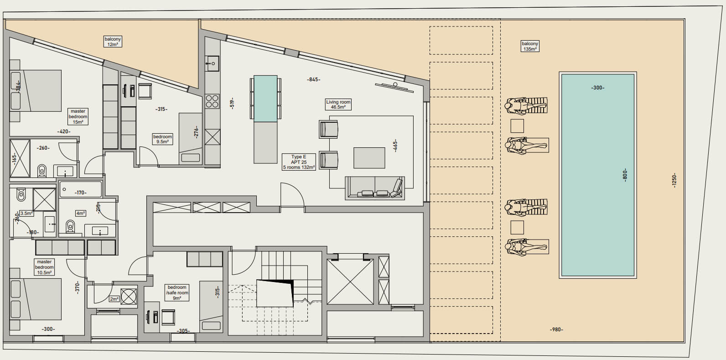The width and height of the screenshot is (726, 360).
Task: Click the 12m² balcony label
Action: pos(113,42)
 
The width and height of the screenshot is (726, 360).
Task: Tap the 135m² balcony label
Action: pos(530,46)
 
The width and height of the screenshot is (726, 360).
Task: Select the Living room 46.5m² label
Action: pos(338,104)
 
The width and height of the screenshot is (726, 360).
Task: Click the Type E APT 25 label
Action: pos(299,162)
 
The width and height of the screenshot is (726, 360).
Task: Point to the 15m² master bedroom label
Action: pos(78,116)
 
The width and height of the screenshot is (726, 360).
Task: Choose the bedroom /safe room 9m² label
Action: pos(177,292)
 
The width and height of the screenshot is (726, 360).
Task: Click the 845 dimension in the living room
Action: pos(313,79)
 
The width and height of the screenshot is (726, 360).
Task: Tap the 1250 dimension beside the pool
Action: pos(674,180)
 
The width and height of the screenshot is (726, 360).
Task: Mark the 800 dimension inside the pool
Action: pos(625,175)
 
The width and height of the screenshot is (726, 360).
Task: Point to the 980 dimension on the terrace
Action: pos(556,329)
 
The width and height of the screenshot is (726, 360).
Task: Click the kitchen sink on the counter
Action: pos(213,63)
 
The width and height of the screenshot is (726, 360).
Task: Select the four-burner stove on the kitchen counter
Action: pos(213,101)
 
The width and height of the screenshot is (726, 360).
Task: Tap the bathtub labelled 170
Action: pos(80,189)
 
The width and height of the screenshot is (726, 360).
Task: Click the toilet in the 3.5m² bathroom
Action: pos(21,194)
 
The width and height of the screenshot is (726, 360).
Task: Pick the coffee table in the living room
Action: pos(369,158)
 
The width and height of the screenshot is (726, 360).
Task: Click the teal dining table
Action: pos(265,99)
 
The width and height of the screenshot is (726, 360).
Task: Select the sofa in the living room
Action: pos(375,188)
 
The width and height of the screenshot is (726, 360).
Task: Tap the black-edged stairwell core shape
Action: pos(275,293)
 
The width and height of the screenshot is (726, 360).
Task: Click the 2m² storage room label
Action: pos(114,299)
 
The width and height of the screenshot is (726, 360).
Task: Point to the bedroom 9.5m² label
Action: pos(162,139)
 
